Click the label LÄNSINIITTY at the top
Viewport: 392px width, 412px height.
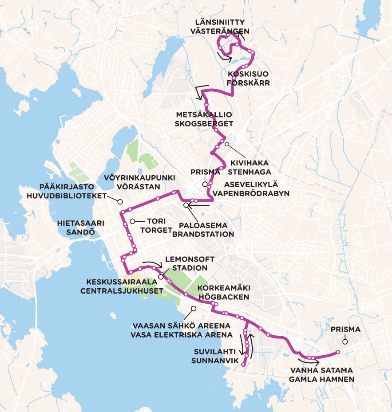[x=220, y=22]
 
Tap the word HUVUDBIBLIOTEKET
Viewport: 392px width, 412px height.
[x=67, y=196]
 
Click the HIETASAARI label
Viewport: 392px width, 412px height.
[x=80, y=223]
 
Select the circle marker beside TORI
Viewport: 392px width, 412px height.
[x=132, y=221]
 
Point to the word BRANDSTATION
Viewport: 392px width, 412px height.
[x=202, y=234]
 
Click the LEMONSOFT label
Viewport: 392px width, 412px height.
[x=190, y=259]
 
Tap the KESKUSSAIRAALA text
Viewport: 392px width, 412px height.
[x=122, y=282]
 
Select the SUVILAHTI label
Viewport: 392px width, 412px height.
[x=214, y=352]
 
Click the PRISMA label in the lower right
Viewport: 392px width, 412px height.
[x=345, y=330]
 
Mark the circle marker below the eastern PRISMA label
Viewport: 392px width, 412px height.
[x=344, y=341]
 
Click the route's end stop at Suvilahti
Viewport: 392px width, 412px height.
[x=243, y=365]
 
